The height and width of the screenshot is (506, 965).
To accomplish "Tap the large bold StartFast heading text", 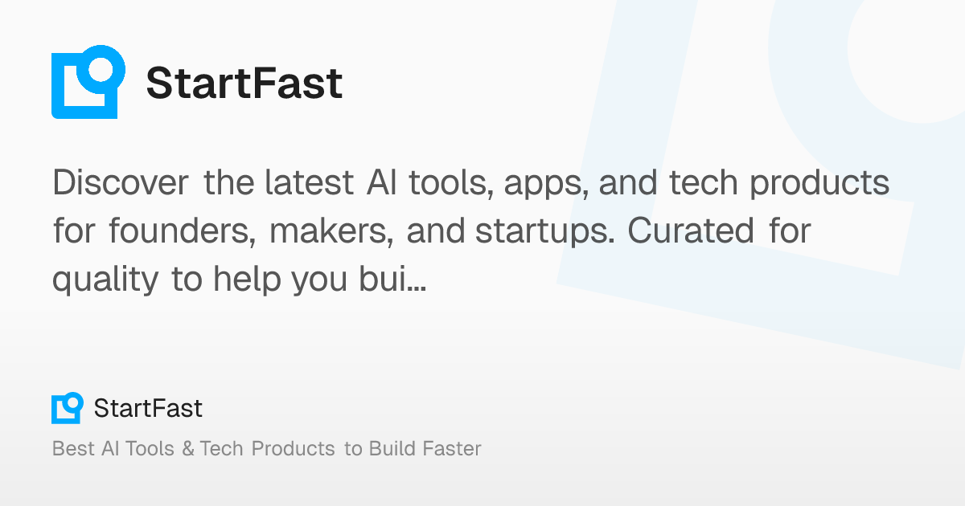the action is (x=244, y=83).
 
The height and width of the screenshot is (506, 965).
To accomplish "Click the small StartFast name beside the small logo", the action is (x=148, y=408).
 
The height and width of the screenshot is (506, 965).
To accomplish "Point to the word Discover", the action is (x=121, y=182).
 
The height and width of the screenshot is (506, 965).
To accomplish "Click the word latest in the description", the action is (x=310, y=182).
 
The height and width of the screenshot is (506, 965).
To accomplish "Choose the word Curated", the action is (x=691, y=231).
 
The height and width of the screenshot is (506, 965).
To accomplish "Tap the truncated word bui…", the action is (x=392, y=279).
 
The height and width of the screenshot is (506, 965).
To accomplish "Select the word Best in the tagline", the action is (x=73, y=448).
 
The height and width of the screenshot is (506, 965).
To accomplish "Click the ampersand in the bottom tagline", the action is (x=188, y=448).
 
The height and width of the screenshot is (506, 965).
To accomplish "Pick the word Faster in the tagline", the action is (x=452, y=448).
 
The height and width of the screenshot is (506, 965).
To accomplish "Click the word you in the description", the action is (x=319, y=282).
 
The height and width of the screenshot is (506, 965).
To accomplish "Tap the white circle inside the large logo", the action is (x=101, y=69).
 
